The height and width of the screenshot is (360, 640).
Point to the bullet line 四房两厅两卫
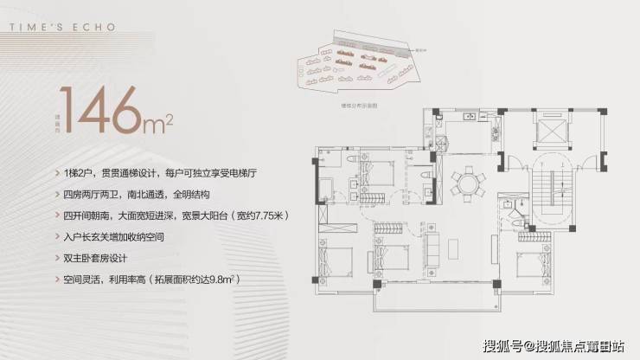(x=132, y=193)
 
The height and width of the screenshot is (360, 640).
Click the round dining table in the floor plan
(x=468, y=183)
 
